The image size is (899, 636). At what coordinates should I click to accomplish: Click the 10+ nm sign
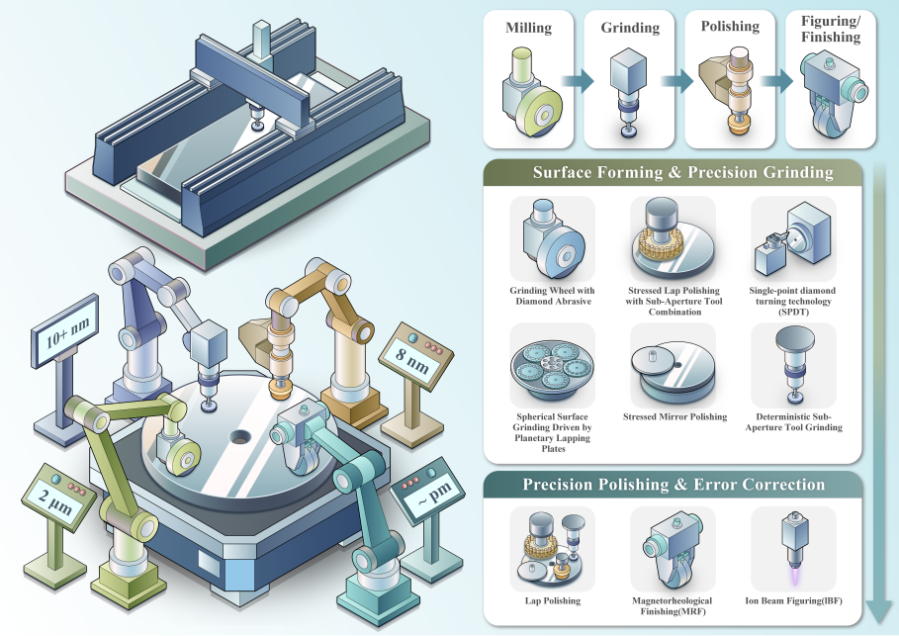[65, 331]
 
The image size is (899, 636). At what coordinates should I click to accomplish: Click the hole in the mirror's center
[240, 437]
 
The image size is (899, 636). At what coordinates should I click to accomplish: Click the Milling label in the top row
[529, 28]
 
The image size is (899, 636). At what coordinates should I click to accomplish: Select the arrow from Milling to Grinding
[578, 81]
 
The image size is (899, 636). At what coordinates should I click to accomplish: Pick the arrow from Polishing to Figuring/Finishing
[777, 81]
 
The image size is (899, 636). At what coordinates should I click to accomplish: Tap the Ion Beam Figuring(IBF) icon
[793, 549]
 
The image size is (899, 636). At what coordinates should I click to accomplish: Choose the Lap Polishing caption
[553, 600]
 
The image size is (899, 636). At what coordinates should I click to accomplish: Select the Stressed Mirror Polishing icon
[674, 365]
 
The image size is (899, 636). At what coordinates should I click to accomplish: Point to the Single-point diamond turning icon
[793, 239]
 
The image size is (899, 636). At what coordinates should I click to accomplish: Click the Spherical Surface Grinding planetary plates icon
[553, 365]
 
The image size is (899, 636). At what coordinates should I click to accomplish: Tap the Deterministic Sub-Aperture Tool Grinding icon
[793, 365]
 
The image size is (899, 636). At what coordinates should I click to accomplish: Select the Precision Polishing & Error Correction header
[674, 485]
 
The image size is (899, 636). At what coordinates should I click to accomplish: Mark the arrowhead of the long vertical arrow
[879, 611]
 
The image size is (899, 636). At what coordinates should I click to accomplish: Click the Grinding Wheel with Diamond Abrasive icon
[553, 239]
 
